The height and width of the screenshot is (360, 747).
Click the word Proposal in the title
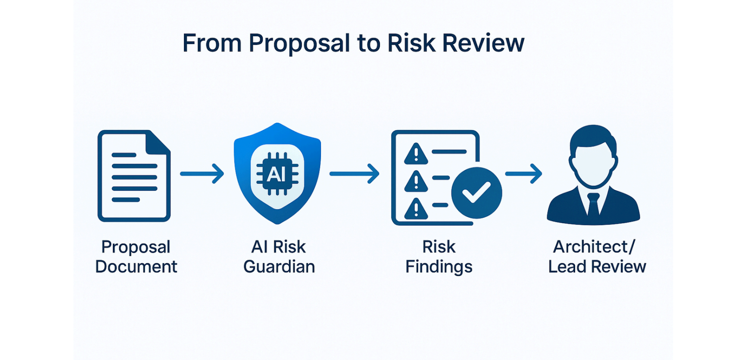(299, 44)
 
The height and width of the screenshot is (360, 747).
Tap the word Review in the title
(483, 44)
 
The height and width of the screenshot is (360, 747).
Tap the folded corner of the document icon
(158, 142)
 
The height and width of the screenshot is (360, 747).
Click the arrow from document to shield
(202, 174)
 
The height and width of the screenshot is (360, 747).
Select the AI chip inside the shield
(277, 174)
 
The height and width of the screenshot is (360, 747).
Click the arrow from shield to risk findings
(354, 174)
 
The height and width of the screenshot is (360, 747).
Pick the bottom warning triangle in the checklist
(416, 209)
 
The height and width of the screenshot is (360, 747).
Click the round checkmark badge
(477, 192)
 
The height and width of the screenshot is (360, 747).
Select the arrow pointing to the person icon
(524, 174)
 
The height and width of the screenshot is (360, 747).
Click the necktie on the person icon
(593, 204)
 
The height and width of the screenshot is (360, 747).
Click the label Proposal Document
(136, 256)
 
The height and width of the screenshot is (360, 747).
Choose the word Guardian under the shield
(279, 267)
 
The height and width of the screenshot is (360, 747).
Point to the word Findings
(439, 267)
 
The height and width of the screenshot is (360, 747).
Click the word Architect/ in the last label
(594, 247)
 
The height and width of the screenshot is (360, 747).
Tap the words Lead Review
(597, 267)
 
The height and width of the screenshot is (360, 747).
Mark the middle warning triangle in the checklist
(416, 182)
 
